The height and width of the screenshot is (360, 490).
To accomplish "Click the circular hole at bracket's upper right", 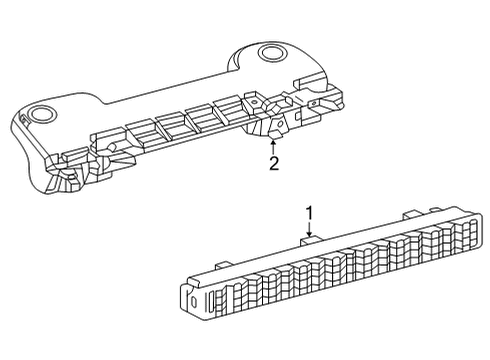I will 271,54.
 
